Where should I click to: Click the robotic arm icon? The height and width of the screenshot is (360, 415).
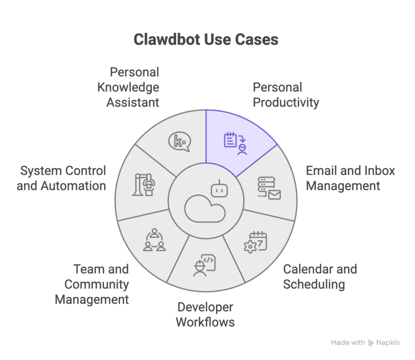(x=144, y=185)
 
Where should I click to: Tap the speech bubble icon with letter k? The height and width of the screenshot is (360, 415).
(x=179, y=142)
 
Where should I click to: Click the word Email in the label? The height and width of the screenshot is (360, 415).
(x=322, y=171)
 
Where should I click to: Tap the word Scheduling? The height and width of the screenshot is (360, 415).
(x=314, y=284)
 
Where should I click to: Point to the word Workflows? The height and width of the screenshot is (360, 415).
(x=205, y=322)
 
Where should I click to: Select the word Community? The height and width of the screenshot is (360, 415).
(x=96, y=284)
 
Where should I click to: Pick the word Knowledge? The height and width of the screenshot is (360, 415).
(x=128, y=87)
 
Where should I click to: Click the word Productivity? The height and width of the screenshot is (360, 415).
(x=286, y=103)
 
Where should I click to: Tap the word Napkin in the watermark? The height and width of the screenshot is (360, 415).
(x=388, y=343)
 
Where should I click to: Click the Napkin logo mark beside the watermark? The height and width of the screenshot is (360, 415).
(x=371, y=343)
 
